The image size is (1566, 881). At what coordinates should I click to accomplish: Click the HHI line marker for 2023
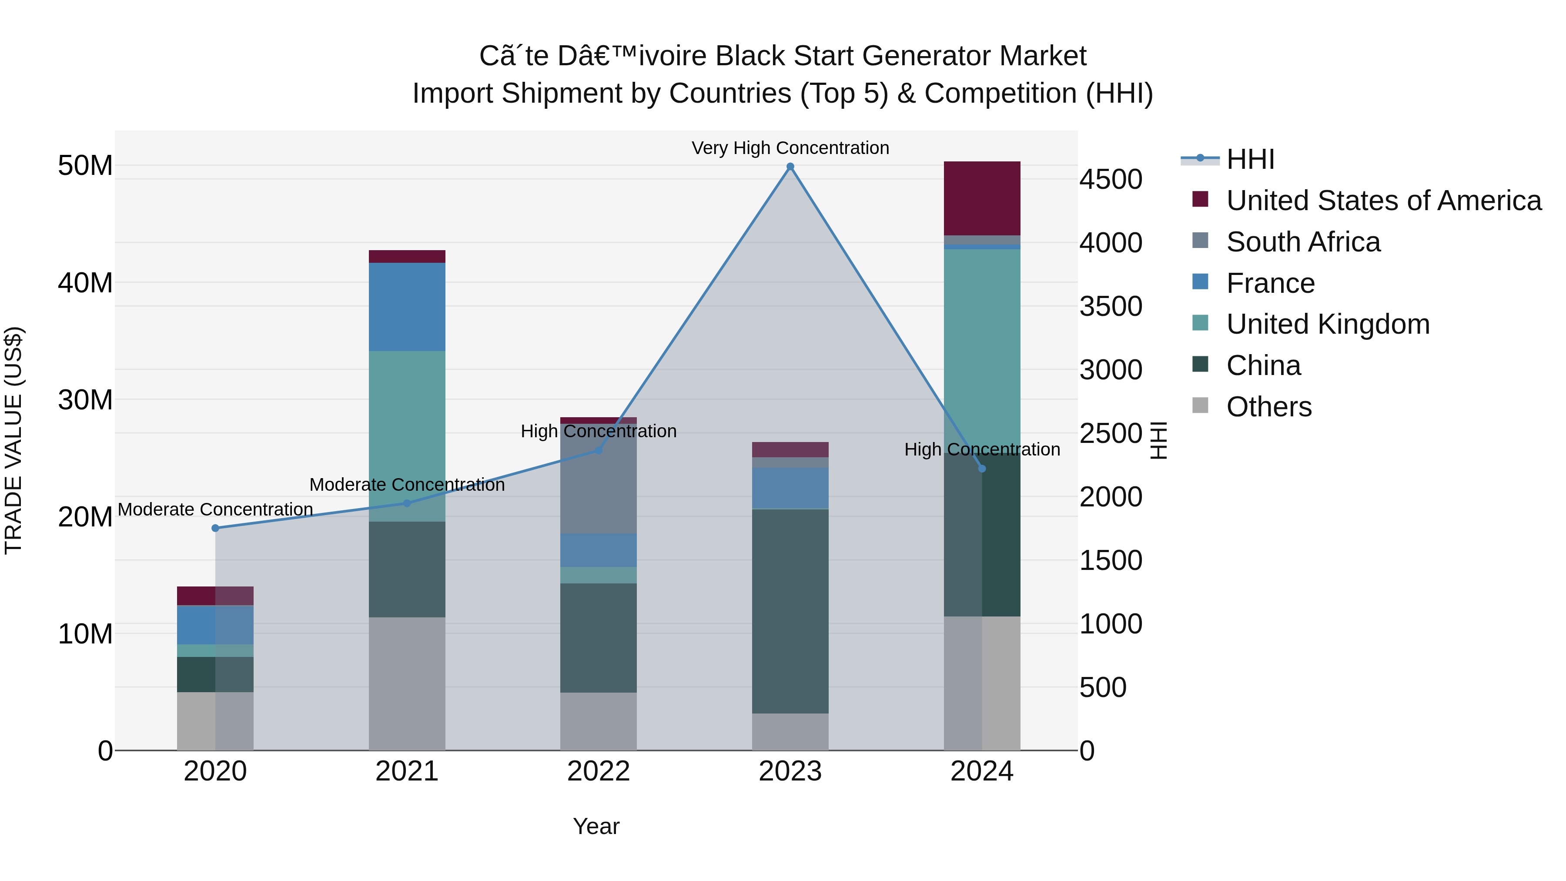790,167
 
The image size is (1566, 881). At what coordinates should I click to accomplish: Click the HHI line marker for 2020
215,528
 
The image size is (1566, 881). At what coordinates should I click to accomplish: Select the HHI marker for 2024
982,469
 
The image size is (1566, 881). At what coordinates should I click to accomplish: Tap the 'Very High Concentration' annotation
790,148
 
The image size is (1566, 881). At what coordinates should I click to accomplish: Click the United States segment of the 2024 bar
982,198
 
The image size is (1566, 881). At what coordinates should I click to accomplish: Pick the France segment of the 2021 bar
407,307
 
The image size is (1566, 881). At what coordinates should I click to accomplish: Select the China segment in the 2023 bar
790,611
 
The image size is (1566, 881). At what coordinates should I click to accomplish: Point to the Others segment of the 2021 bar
407,684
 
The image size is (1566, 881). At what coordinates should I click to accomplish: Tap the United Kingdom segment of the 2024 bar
982,341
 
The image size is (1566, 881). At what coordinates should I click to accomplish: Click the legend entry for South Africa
1303,242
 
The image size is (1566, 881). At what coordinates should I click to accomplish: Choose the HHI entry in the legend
1250,159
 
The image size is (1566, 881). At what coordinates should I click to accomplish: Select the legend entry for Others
1269,407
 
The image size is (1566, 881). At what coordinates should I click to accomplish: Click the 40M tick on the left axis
85,283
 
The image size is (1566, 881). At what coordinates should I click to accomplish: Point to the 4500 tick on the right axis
1110,180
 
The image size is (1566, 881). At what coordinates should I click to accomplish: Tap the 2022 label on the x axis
598,771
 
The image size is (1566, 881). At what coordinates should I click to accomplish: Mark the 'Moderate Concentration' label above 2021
407,485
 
